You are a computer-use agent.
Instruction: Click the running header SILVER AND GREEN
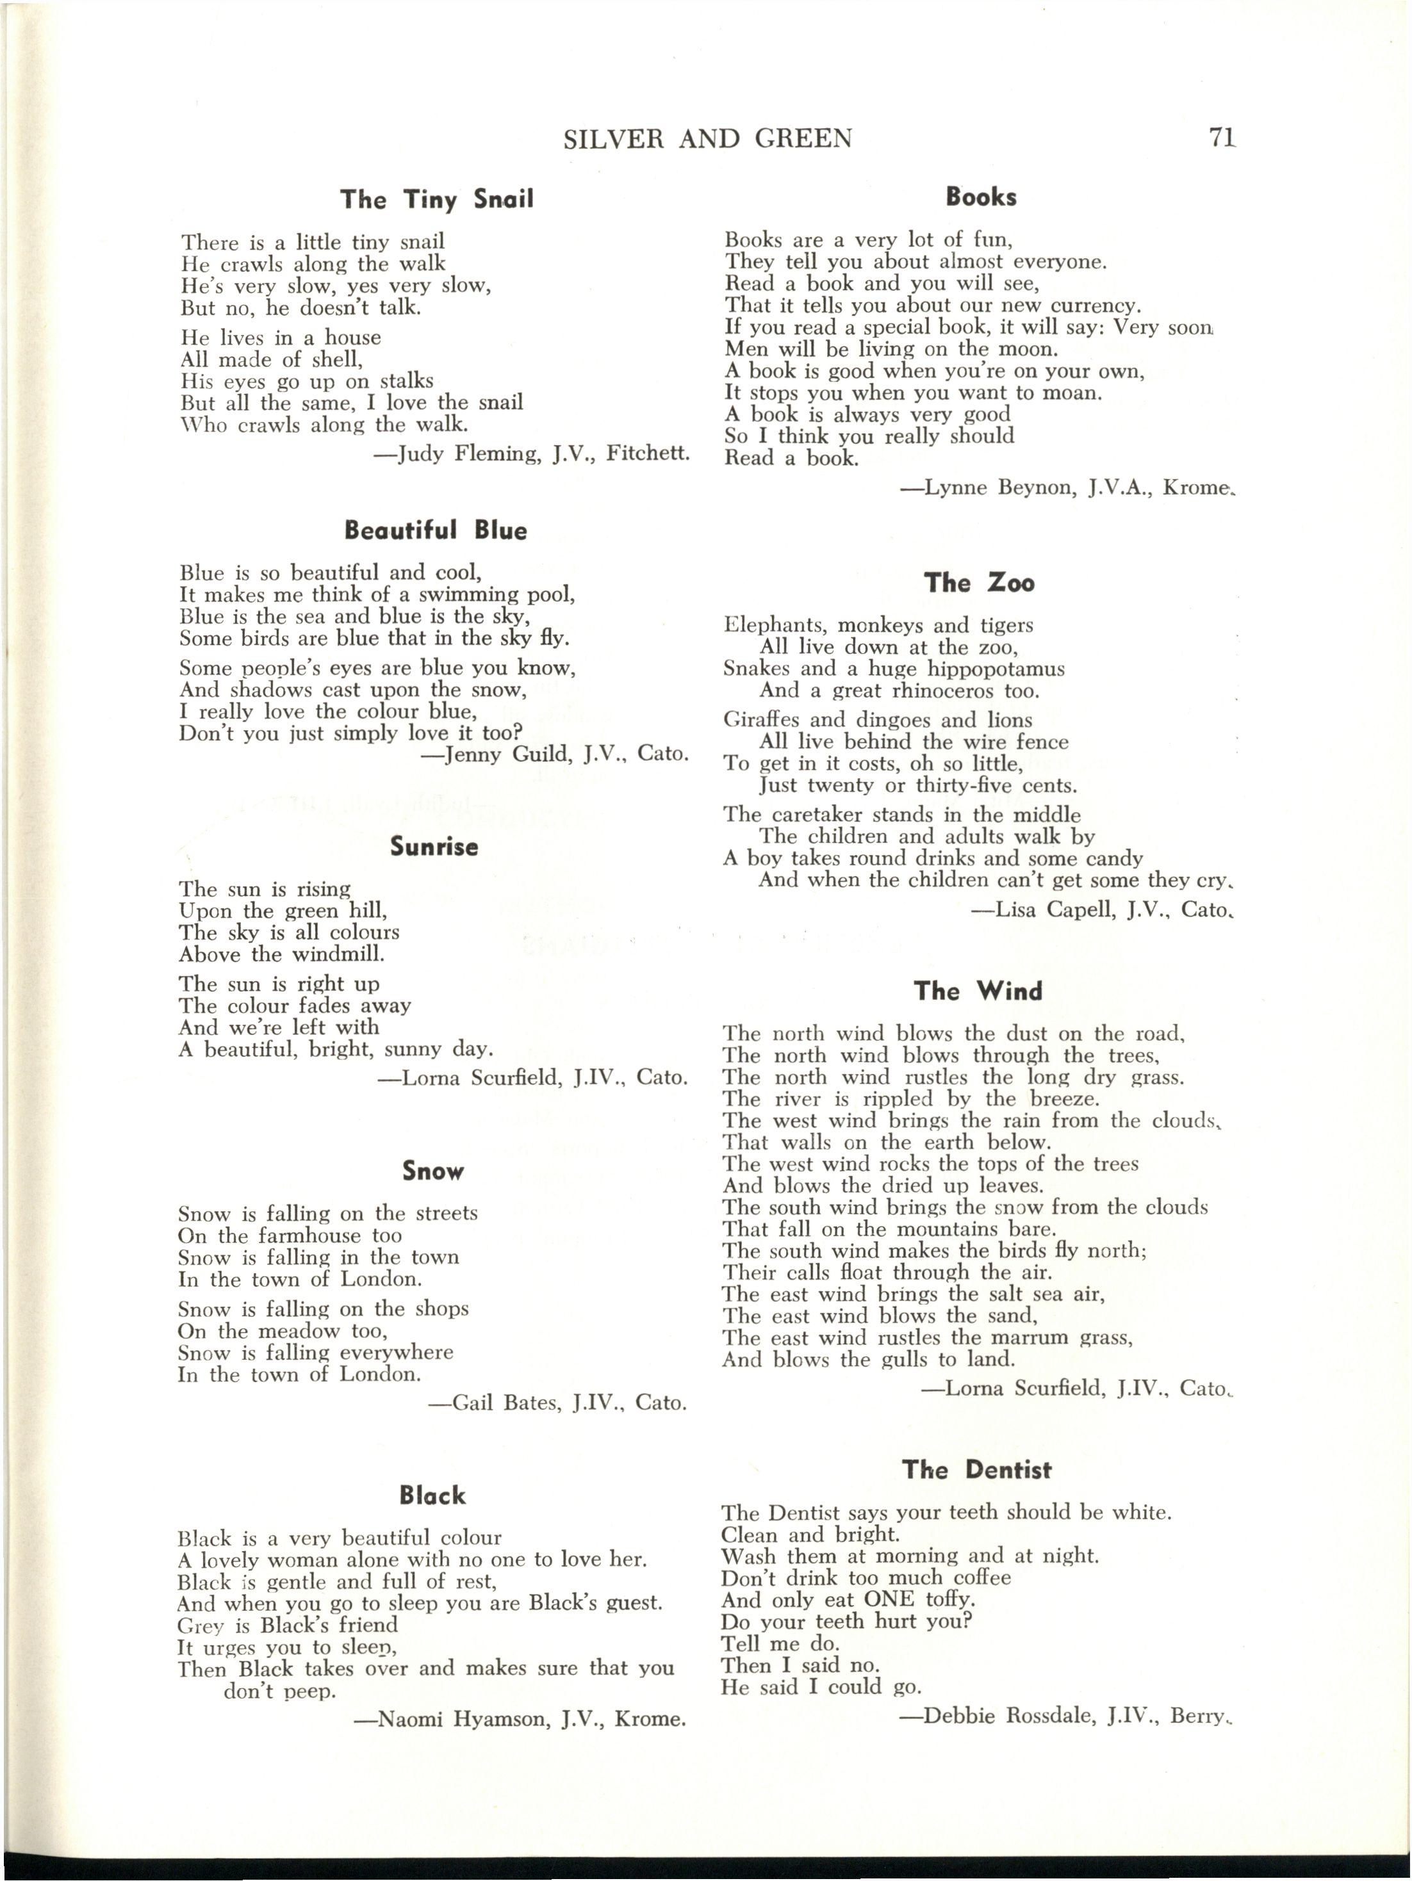point(708,138)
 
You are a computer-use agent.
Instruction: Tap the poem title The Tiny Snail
point(436,200)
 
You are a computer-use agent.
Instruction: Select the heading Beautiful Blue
point(436,531)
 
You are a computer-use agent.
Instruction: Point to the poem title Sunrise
point(434,847)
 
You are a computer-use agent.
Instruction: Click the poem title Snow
point(433,1172)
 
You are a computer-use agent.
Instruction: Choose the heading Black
point(432,1496)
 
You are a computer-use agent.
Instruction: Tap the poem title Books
point(981,197)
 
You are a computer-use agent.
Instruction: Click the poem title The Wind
point(978,991)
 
